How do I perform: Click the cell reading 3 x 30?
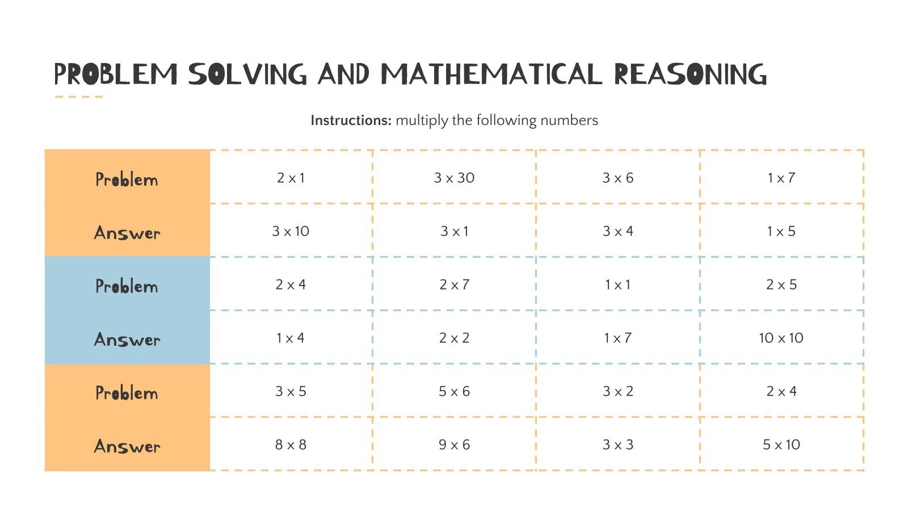pyautogui.click(x=454, y=178)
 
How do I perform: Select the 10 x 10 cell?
pyautogui.click(x=781, y=338)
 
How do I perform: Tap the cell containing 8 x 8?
pyautogui.click(x=291, y=445)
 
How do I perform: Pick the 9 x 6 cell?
pyautogui.click(x=454, y=445)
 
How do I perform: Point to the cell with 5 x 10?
pyautogui.click(x=781, y=445)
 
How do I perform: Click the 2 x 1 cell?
pyautogui.click(x=291, y=178)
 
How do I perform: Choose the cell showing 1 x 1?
pyautogui.click(x=617, y=284)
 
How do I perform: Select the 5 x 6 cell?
pyautogui.click(x=454, y=391)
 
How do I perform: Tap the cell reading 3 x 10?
pyautogui.click(x=291, y=231)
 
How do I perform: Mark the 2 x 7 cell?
pyautogui.click(x=454, y=284)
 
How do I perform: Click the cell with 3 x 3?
pyautogui.click(x=617, y=445)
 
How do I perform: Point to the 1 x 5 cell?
pyautogui.click(x=781, y=231)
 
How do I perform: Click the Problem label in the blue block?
pyautogui.click(x=127, y=286)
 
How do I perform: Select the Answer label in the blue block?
pyautogui.click(x=127, y=340)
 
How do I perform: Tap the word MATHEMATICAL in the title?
pyautogui.click(x=491, y=75)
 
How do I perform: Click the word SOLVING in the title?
pyautogui.click(x=247, y=75)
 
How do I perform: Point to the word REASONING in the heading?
pyautogui.click(x=690, y=75)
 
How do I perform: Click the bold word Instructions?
pyautogui.click(x=351, y=120)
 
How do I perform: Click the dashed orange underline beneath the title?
pyautogui.click(x=78, y=97)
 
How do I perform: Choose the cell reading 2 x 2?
pyautogui.click(x=454, y=338)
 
